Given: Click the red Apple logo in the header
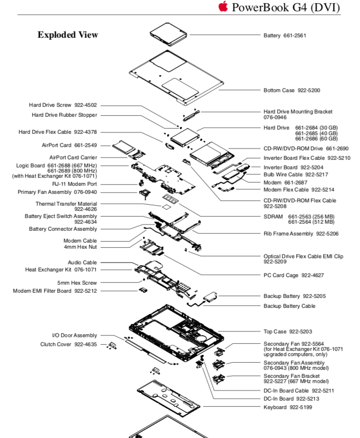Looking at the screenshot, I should tap(223, 6).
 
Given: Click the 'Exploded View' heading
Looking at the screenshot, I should tap(68, 35).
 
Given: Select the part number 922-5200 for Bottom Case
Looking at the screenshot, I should tap(310, 90).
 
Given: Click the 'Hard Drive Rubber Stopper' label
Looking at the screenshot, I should tap(64, 115).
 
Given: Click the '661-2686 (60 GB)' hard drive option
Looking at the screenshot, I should tap(316, 139).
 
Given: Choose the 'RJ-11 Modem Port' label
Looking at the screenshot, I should tap(75, 184).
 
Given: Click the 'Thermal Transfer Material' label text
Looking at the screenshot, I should tap(66, 204).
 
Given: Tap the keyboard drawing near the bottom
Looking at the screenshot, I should tap(168, 394).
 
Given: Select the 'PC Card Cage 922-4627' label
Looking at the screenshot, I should tap(293, 275).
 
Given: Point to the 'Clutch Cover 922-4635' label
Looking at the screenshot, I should tap(69, 344).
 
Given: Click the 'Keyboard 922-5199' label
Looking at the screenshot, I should tap(288, 407).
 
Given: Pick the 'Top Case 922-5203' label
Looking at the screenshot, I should tap(287, 332).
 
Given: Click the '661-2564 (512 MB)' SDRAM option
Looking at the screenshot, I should tap(311, 222).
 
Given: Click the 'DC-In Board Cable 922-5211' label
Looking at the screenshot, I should tap(299, 391).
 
